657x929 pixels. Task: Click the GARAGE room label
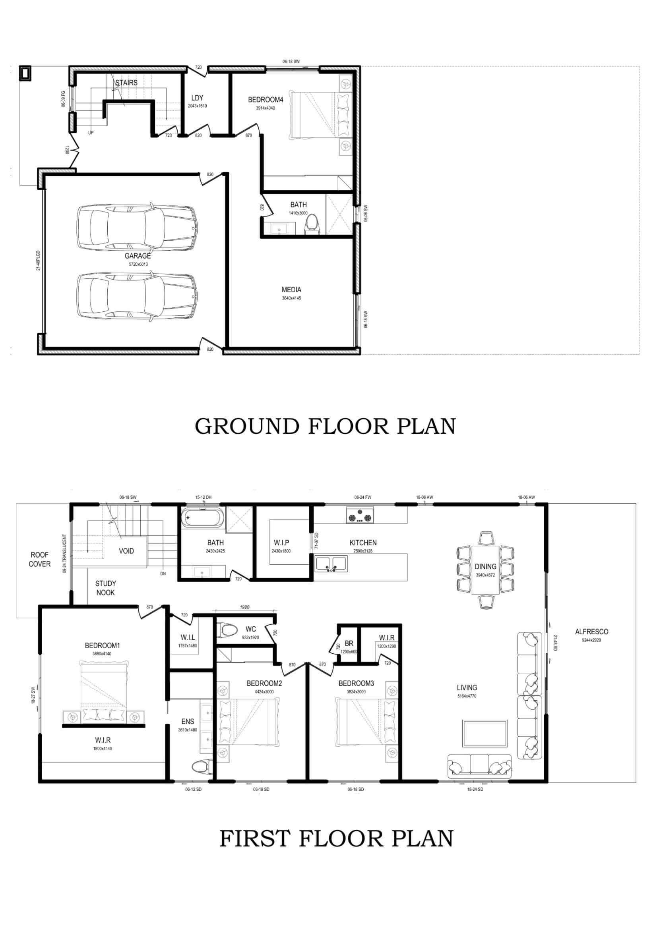coord(138,256)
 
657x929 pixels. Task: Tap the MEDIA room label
coord(291,290)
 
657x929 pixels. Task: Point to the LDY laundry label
coord(197,98)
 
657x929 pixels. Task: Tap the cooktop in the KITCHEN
coord(360,516)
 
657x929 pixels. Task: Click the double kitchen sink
coord(331,564)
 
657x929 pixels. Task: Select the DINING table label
coord(485,566)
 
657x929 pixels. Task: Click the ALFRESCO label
coord(591,631)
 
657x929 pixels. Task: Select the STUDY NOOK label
coord(105,588)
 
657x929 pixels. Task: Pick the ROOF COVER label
coord(40,559)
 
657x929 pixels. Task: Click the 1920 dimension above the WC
coord(244,607)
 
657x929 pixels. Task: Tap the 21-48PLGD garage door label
coord(38,261)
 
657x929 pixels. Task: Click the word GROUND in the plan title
coord(247,426)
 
